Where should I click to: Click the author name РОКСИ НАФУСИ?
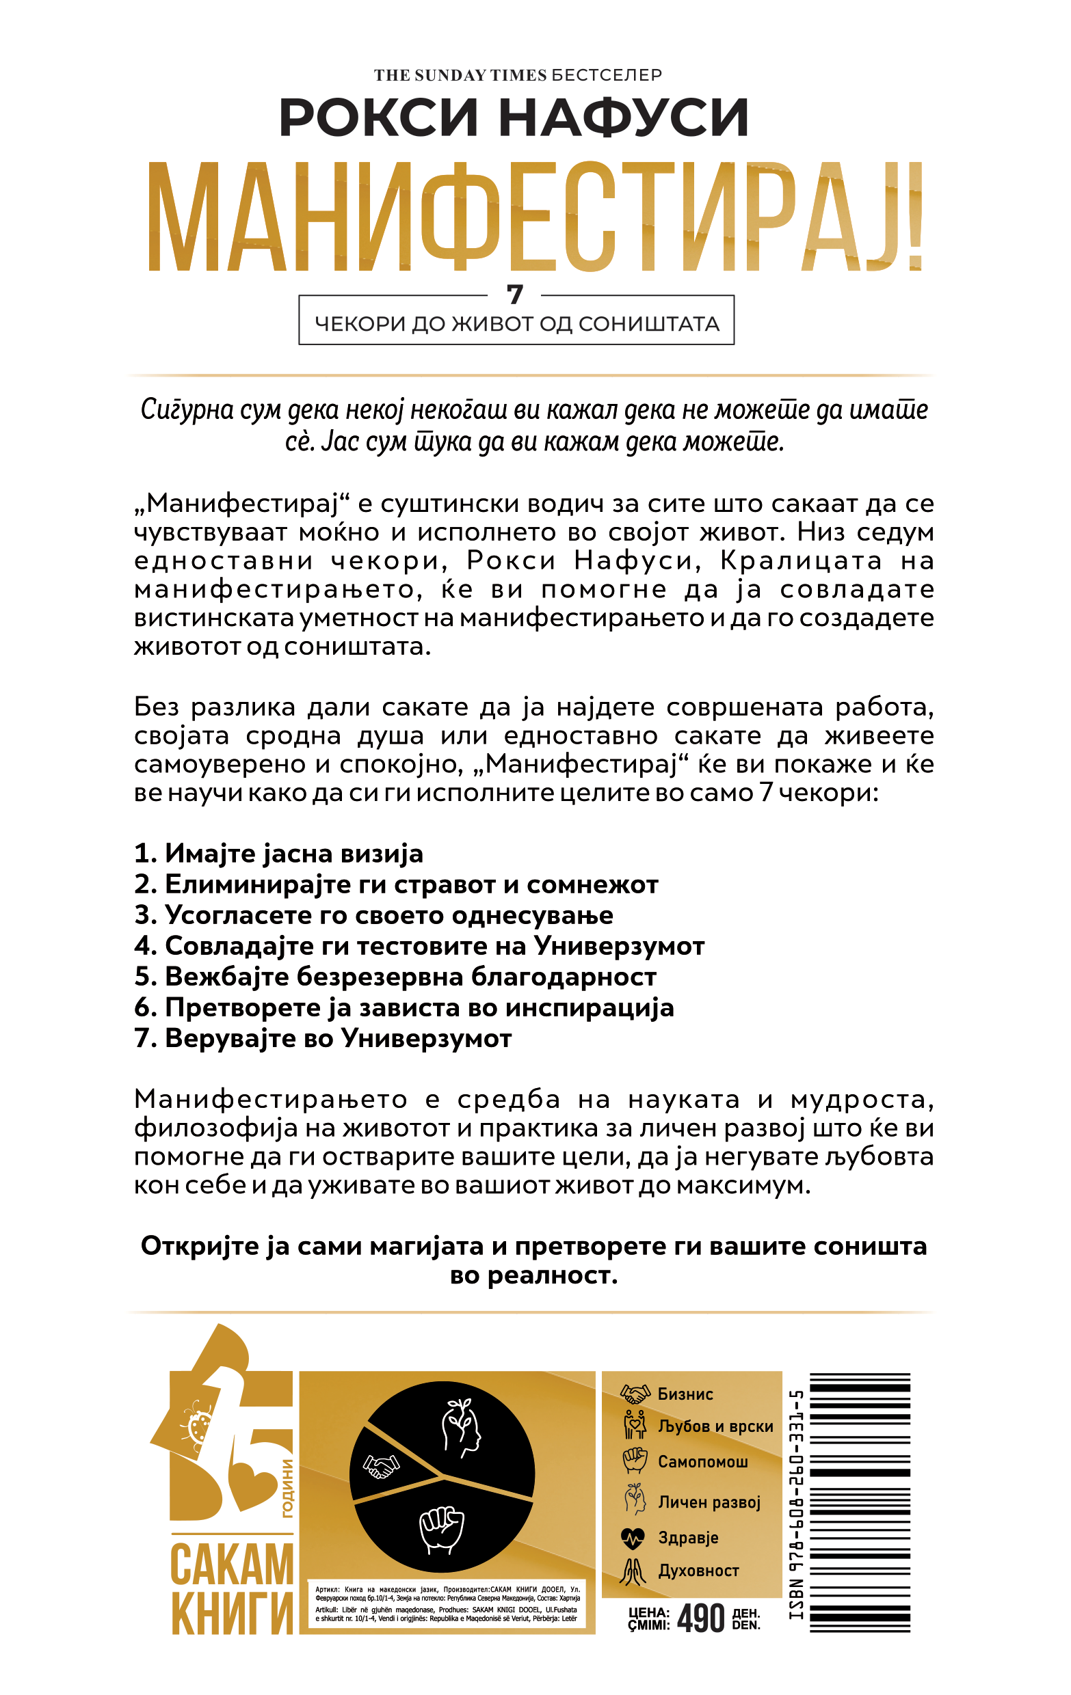point(514,118)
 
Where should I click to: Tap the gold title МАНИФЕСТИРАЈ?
point(535,217)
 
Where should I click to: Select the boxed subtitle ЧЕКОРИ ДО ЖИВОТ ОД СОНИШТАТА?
point(516,324)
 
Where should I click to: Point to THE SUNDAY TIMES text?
point(460,75)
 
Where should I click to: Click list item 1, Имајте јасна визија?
point(279,854)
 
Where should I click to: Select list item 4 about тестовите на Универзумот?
point(420,946)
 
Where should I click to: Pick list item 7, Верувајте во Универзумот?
point(323,1038)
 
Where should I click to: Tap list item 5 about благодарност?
point(396,977)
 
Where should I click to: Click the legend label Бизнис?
point(685,1394)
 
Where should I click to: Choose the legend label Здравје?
point(688,1537)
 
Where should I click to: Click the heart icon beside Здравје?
point(633,1538)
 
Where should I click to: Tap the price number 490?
point(700,1618)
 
